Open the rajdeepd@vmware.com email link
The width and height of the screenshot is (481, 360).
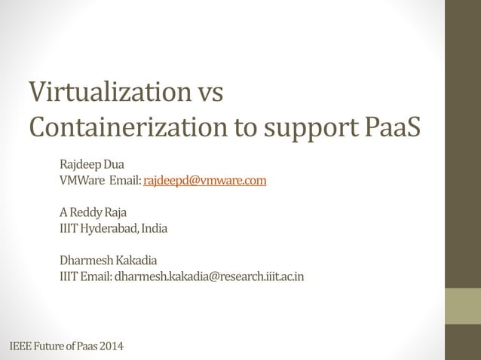point(205,180)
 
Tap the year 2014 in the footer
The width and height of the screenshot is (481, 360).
point(111,346)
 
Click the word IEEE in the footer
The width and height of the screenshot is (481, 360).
point(21,346)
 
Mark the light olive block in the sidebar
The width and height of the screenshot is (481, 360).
point(462,306)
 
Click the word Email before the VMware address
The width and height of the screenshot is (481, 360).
point(125,180)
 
